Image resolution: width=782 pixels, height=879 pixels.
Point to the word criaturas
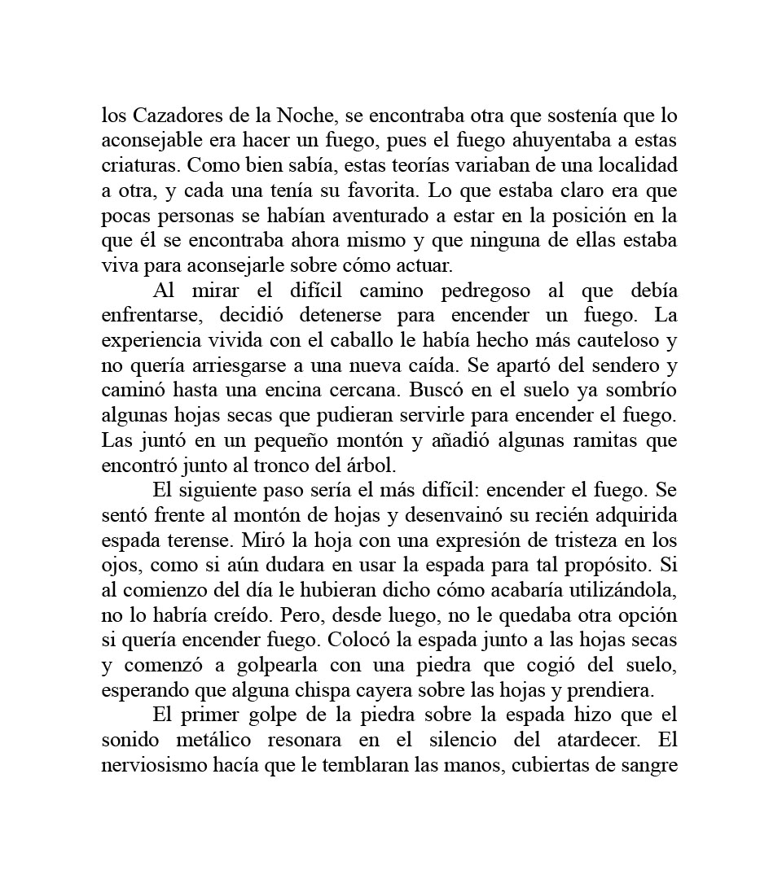(x=140, y=166)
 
